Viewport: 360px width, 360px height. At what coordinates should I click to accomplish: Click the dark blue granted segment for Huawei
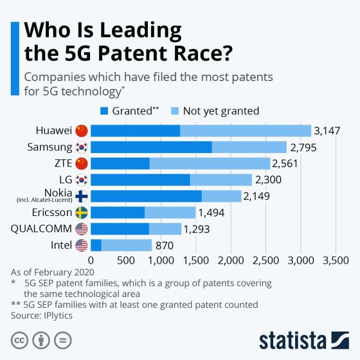pos(135,131)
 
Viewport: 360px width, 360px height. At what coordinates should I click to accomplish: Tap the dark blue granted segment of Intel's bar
pos(96,245)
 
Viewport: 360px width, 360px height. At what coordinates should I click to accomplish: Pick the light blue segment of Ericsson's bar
pos(170,212)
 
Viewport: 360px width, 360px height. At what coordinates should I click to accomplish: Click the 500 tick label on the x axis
pos(125,260)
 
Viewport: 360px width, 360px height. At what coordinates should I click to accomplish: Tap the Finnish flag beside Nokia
pos(81,196)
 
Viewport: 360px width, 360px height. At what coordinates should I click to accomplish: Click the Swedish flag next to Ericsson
pos(81,212)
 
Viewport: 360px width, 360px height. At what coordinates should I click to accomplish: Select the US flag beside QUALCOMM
pos(81,229)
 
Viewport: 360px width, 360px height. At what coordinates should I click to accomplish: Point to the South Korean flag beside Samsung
pos(81,147)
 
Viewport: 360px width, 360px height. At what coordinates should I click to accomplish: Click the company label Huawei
pos(53,131)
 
